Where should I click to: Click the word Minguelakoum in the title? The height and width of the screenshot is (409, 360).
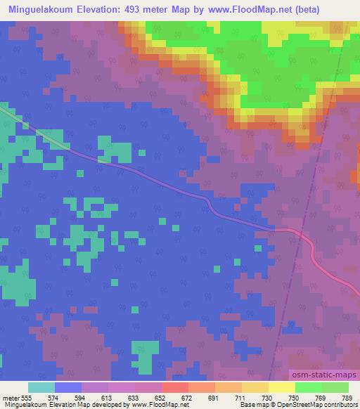pos(40,9)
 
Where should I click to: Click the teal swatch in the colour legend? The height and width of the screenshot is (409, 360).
pos(41,387)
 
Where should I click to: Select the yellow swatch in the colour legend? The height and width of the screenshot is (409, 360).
pos(281,387)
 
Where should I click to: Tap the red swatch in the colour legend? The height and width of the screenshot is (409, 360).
pos(174,387)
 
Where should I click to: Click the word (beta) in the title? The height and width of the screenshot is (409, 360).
pos(309,9)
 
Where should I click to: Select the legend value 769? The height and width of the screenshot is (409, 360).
pos(321,398)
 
